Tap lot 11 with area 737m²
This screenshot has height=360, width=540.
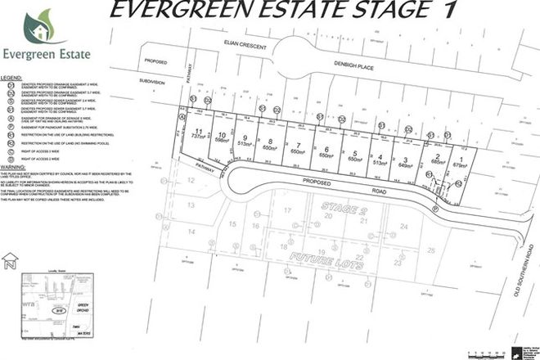point(198,137)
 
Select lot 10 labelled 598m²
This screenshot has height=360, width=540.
point(222,137)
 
